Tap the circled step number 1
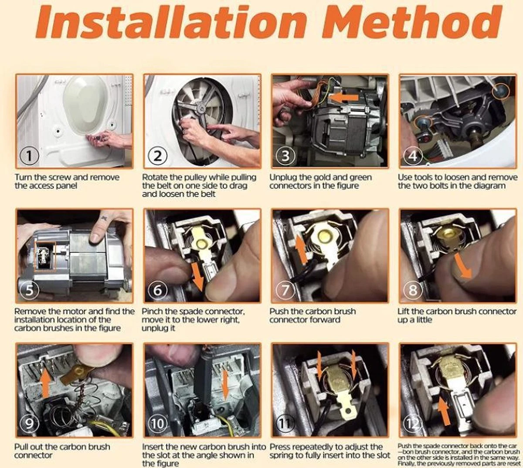click(x=30, y=156)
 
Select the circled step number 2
click(x=157, y=156)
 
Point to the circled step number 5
click(x=30, y=290)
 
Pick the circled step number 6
click(x=157, y=290)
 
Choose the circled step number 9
click(x=30, y=424)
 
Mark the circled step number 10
click(x=157, y=424)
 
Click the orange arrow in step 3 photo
click(x=344, y=98)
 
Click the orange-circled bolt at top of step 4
click(x=500, y=91)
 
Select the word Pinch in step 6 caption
click(x=154, y=312)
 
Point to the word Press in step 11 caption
click(x=282, y=447)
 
